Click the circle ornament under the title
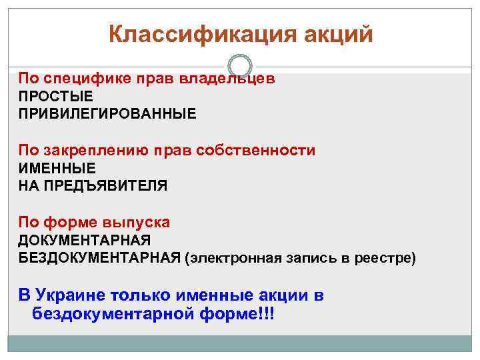click(x=240, y=66)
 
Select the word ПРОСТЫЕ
click(x=55, y=97)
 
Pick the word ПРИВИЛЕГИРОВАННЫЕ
click(x=107, y=114)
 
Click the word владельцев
click(x=227, y=79)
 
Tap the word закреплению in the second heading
click(x=97, y=151)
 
